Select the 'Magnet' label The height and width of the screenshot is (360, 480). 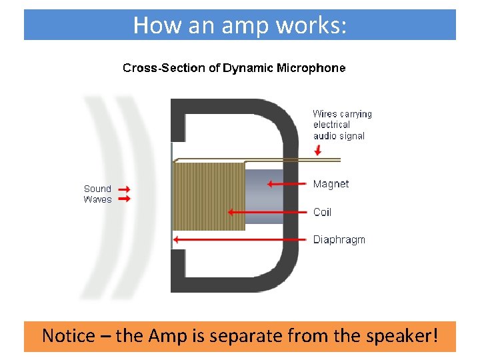tap(331, 184)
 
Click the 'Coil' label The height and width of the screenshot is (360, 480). tap(322, 212)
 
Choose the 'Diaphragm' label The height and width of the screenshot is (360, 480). tap(339, 239)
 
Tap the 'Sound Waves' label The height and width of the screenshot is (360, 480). tap(97, 194)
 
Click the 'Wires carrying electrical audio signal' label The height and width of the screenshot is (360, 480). tap(342, 125)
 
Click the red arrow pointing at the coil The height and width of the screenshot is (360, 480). tap(267, 212)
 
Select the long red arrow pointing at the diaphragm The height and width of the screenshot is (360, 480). tap(240, 239)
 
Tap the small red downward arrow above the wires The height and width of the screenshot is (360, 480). tap(318, 151)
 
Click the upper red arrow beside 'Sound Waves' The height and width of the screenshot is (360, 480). tap(124, 189)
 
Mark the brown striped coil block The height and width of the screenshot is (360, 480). tap(209, 196)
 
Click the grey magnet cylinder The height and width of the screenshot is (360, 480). tap(264, 197)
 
